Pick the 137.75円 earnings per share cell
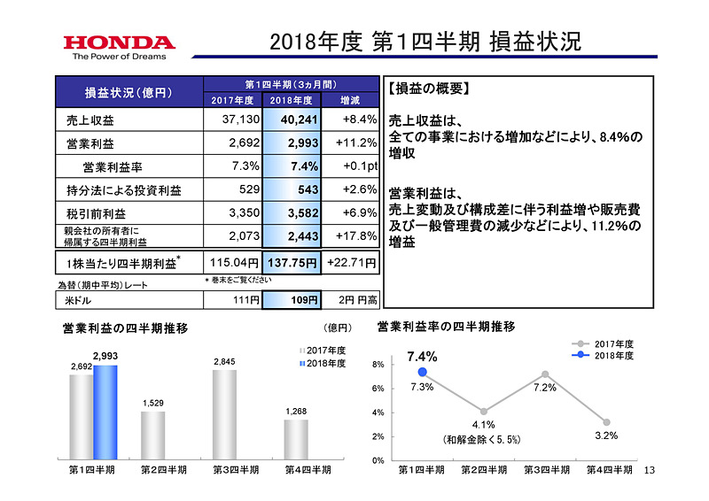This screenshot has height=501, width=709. pyautogui.click(x=292, y=262)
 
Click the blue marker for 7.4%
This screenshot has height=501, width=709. pyautogui.click(x=422, y=372)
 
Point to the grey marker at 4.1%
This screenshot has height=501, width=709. pyautogui.click(x=483, y=411)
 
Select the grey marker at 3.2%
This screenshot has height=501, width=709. pyautogui.click(x=607, y=422)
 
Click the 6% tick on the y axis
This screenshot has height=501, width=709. pyautogui.click(x=377, y=389)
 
